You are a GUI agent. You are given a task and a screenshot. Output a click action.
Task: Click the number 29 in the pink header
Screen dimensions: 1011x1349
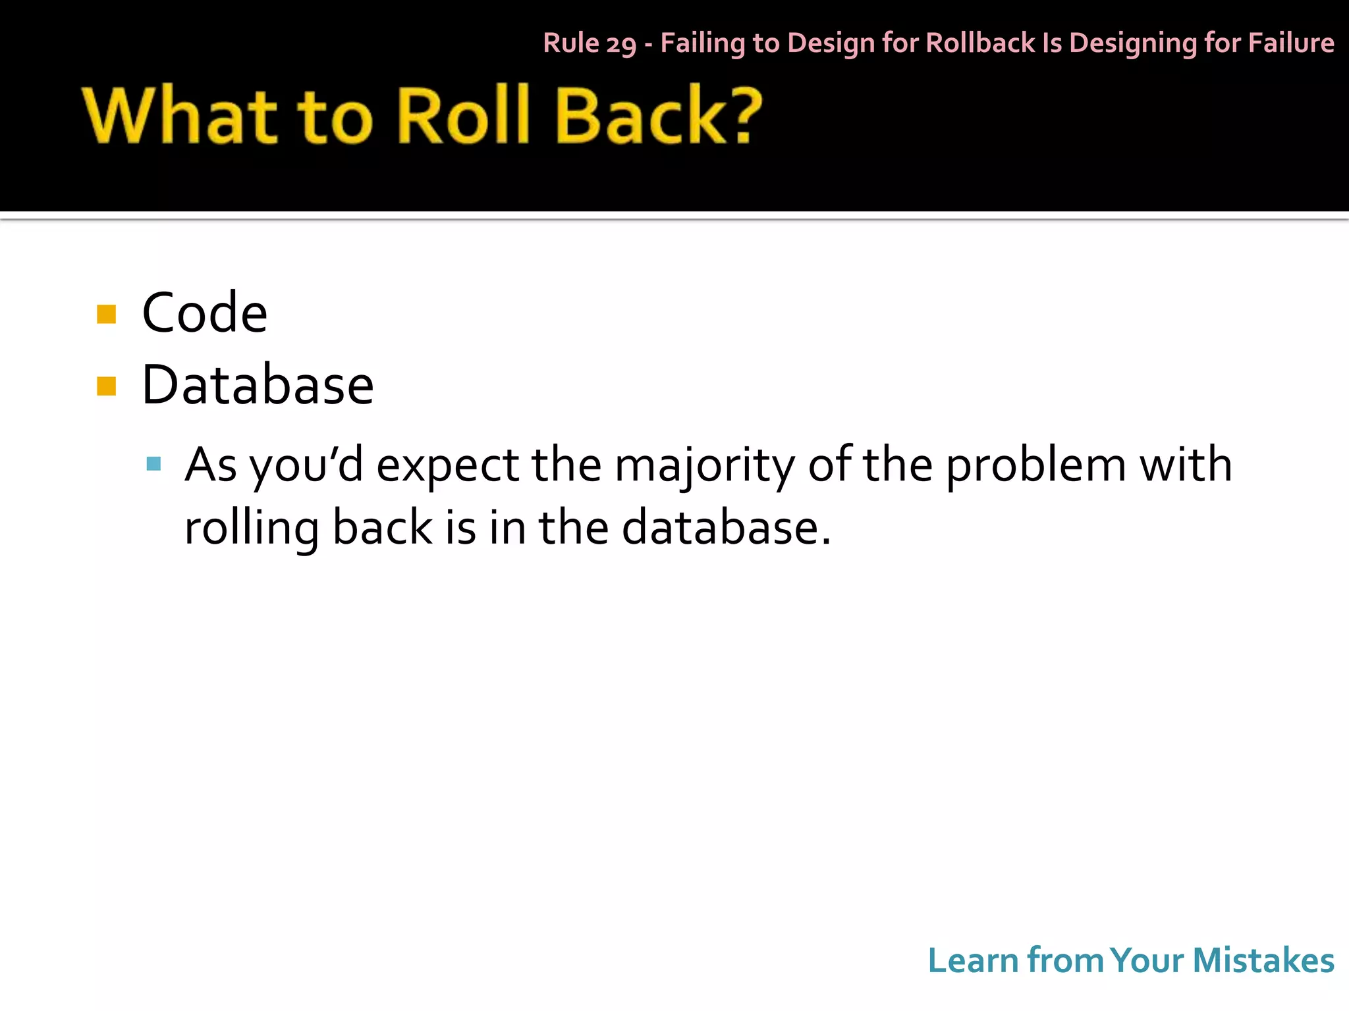[621, 44]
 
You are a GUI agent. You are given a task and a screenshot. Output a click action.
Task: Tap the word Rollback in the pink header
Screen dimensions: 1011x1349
[980, 43]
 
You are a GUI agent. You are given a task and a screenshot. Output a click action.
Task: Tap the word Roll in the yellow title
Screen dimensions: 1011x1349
[464, 115]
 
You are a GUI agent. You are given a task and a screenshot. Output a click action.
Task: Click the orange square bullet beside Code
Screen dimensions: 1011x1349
[106, 314]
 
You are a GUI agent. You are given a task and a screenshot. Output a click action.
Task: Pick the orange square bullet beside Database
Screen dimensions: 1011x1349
[106, 386]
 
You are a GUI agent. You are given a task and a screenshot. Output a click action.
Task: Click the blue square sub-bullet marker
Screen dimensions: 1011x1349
[153, 464]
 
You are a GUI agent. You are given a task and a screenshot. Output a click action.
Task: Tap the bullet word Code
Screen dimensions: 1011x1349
[204, 313]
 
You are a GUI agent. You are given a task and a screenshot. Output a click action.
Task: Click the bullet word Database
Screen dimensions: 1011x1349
[258, 385]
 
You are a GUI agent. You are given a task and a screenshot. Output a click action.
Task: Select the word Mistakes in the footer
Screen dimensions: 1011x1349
[1263, 960]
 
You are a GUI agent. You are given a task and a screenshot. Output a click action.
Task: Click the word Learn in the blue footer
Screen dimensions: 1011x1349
[973, 960]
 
